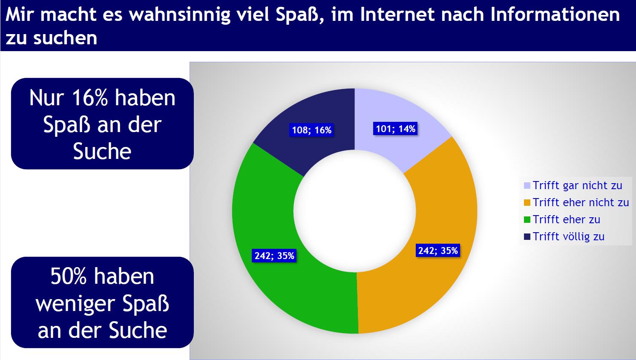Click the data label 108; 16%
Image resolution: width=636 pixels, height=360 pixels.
tap(312, 130)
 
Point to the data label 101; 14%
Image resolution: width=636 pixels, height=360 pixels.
tap(395, 129)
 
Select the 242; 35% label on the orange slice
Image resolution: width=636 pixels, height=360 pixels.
tap(438, 251)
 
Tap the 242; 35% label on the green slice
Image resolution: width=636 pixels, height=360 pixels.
tap(274, 256)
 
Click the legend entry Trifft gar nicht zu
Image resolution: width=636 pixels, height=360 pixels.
tap(573, 185)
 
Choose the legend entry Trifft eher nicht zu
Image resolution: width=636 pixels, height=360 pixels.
tap(576, 202)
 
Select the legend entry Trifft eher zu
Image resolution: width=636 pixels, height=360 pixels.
tap(562, 219)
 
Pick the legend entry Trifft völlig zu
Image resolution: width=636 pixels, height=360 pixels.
tap(564, 236)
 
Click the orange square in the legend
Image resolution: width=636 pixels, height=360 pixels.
tap(527, 203)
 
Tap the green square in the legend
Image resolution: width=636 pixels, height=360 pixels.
tap(527, 220)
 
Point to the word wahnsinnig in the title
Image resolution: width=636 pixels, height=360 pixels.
tap(179, 15)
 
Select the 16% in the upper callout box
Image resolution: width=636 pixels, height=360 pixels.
tap(90, 98)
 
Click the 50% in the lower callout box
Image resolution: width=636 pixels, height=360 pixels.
tap(69, 276)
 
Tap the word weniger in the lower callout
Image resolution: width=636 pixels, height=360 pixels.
tap(75, 304)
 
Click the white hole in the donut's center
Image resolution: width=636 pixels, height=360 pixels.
tap(354, 211)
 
